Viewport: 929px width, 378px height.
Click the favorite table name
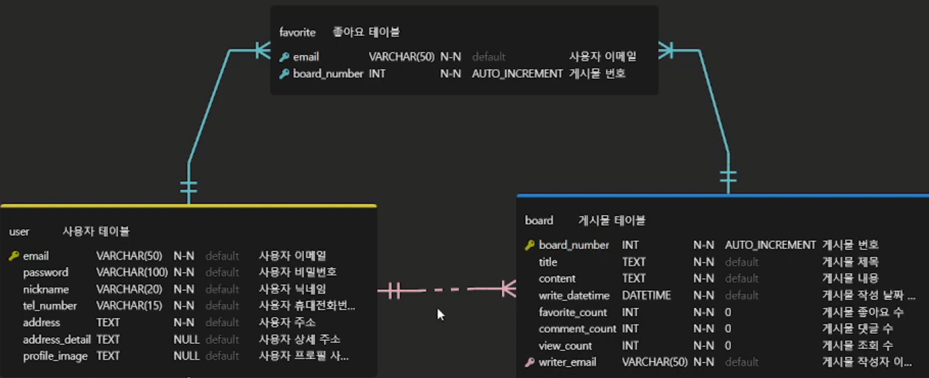(298, 32)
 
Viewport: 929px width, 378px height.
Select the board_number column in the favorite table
(328, 73)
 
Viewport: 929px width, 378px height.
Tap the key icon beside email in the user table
(14, 256)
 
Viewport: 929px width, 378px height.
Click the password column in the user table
(46, 273)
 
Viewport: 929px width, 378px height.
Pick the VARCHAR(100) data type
(132, 273)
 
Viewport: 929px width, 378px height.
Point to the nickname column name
(46, 290)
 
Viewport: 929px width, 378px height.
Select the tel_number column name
(50, 306)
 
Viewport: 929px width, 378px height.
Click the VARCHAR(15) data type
(129, 306)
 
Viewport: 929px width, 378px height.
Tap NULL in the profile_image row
(186, 356)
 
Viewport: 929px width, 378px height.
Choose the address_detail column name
(57, 339)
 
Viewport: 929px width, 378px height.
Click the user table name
(19, 232)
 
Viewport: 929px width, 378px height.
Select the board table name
(539, 220)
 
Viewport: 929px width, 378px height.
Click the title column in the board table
(548, 262)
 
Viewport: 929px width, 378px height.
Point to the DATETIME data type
(646, 295)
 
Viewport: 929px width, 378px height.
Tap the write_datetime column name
(574, 295)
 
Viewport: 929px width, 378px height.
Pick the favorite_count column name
(573, 312)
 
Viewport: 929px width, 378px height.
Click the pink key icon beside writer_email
(529, 362)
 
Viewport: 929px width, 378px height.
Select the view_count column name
(565, 345)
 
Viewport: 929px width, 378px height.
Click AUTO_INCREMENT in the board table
(770, 245)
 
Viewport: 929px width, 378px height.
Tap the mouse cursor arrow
(440, 314)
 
